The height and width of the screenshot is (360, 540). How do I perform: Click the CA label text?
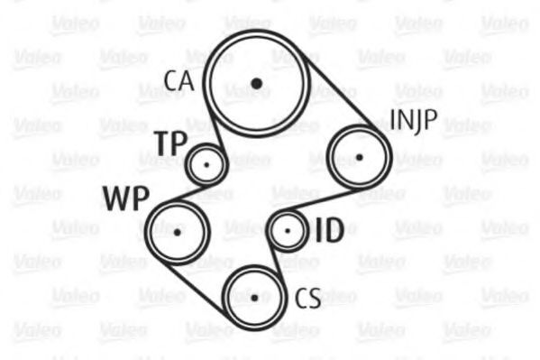coord(178,80)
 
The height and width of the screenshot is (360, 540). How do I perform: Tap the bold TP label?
coord(172,143)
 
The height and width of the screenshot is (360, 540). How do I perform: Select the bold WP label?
coord(126,198)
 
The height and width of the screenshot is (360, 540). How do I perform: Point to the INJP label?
coord(414,121)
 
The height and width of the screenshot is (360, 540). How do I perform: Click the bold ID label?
coord(330,230)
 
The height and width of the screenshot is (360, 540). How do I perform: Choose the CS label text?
coord(308,298)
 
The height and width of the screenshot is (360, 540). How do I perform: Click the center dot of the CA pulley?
coord(257,83)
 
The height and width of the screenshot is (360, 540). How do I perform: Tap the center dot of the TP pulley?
coord(206,165)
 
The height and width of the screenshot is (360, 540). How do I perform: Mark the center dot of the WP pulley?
coord(177,233)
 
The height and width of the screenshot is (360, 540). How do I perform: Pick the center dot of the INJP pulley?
coord(359,157)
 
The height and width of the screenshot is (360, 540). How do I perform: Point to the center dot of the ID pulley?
coord(288,231)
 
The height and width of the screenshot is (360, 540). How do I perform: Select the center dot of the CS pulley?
coord(254,298)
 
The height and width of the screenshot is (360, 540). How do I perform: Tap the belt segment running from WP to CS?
coord(194,290)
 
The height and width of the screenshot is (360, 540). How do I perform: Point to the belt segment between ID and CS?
coord(277,261)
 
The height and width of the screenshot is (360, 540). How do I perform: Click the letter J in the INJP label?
coord(418,123)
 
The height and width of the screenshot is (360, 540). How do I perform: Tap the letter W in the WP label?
coord(117,198)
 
